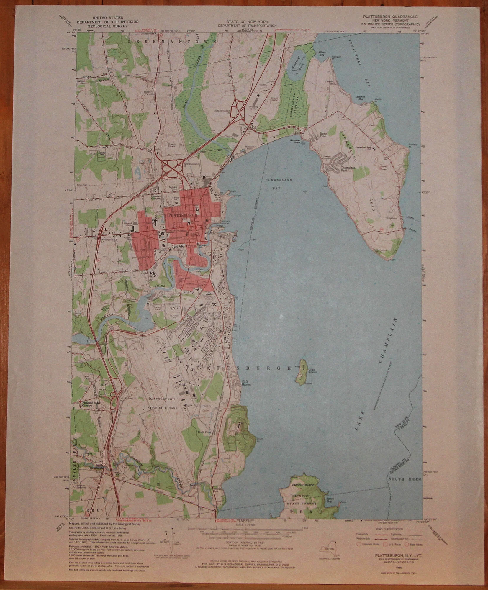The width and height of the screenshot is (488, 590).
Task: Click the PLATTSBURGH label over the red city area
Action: coord(182,215)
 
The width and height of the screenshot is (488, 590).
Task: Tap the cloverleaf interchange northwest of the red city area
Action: coord(172,169)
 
